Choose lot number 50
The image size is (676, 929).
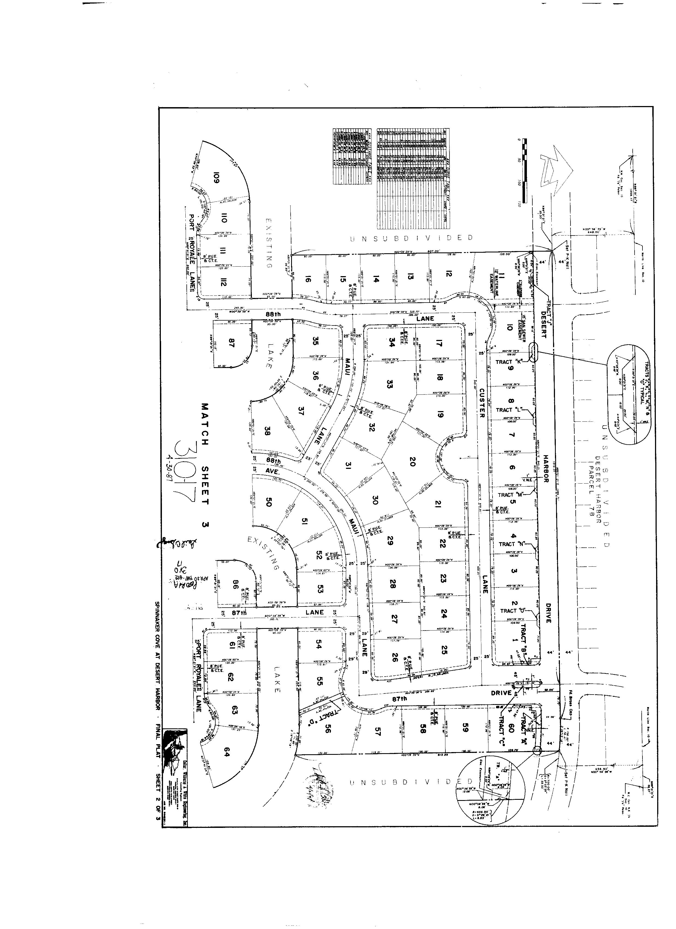pos(269,502)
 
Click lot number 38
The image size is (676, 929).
pos(267,431)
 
